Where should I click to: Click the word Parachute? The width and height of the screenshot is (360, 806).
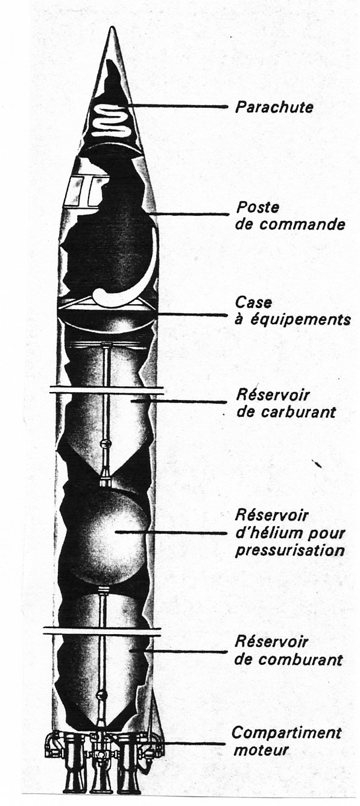click(274, 107)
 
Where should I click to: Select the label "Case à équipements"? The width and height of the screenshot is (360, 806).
click(292, 311)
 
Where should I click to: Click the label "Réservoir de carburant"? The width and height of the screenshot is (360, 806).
click(286, 403)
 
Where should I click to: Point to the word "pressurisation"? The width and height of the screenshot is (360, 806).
click(290, 551)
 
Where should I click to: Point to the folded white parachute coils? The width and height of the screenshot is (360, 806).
click(110, 121)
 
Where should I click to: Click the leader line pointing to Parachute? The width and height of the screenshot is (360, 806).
click(175, 106)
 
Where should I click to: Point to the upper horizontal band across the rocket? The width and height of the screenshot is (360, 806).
click(107, 390)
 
